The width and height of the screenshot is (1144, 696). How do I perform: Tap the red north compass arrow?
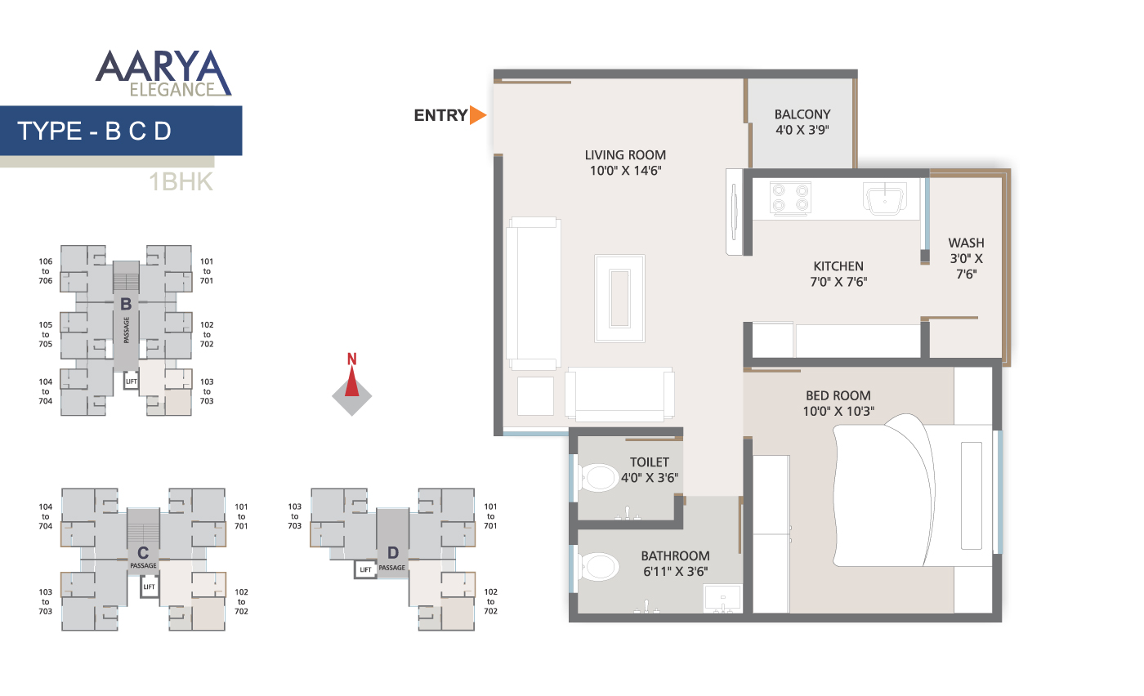point(352,382)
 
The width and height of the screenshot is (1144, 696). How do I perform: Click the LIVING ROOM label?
point(625,154)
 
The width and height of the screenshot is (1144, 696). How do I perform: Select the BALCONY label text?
point(802,114)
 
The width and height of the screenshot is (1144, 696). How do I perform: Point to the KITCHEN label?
point(838,265)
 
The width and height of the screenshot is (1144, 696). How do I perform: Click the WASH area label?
point(966,243)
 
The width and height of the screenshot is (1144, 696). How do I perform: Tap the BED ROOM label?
point(838,395)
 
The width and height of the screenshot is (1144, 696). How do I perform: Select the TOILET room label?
point(649,462)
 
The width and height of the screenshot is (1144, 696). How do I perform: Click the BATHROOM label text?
point(675,556)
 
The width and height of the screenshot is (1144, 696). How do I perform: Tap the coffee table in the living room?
point(620,297)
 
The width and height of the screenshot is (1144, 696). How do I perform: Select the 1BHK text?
point(181,182)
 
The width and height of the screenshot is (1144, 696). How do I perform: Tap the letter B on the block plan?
point(126,305)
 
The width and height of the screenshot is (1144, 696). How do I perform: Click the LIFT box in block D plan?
point(365,569)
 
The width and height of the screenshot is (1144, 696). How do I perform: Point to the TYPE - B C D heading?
point(94,131)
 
